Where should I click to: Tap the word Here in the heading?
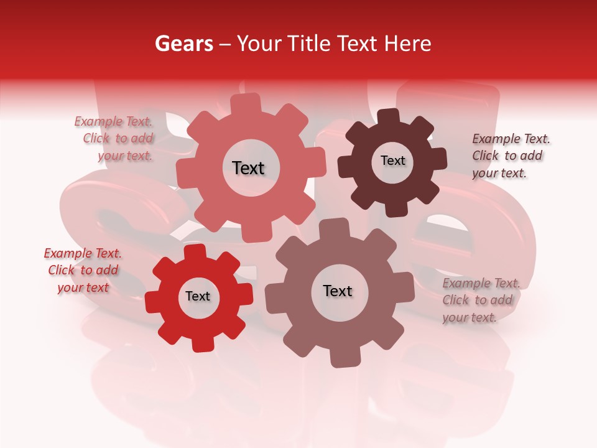[x=408, y=44]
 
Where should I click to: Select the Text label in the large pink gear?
[x=248, y=168]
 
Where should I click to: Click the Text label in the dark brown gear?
[x=392, y=161]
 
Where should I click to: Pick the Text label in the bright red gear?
[x=198, y=297]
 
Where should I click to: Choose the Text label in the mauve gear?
[x=338, y=291]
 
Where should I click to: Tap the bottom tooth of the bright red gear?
[x=201, y=343]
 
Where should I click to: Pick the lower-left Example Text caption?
[x=83, y=270]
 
